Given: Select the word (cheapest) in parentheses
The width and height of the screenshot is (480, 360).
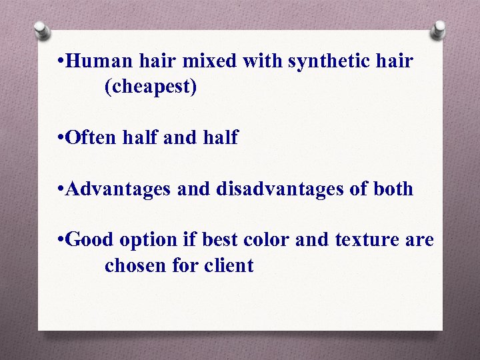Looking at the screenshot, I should (x=151, y=87).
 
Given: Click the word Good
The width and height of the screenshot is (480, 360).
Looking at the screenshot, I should (x=91, y=240).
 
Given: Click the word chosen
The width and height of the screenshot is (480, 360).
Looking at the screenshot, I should (x=136, y=265).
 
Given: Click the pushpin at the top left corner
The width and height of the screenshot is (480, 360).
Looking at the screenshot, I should (x=42, y=30).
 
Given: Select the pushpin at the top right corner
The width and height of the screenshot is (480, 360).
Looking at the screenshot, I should (x=438, y=29).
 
